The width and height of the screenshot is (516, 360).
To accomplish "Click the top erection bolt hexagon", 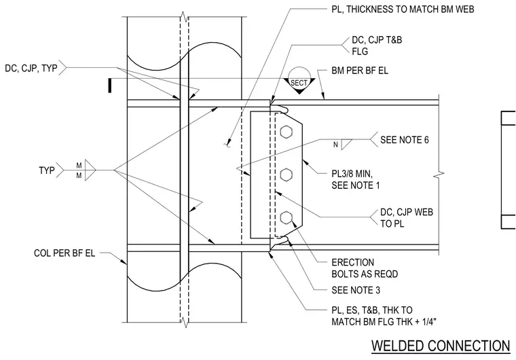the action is [x=286, y=131].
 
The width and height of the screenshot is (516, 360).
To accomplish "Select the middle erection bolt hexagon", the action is [x=286, y=175].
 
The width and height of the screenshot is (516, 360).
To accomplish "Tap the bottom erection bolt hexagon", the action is [x=286, y=218].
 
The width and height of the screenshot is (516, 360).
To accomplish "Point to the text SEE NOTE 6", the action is [x=405, y=140].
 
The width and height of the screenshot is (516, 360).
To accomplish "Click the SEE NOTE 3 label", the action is [x=356, y=290].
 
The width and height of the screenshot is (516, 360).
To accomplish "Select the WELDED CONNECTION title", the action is [x=441, y=346].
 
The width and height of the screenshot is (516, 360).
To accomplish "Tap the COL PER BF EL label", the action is [x=64, y=253].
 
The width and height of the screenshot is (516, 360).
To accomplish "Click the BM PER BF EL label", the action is [x=360, y=71].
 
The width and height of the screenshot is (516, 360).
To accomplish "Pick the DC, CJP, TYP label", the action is [x=31, y=68].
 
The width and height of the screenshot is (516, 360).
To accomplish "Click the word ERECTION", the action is [x=353, y=262].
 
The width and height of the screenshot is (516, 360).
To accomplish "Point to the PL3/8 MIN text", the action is [x=352, y=174].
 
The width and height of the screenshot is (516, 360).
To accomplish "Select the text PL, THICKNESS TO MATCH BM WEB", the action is [x=403, y=10].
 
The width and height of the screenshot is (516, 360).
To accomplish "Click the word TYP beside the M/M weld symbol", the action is [x=47, y=170].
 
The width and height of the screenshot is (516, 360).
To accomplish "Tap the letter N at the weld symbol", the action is [x=335, y=145].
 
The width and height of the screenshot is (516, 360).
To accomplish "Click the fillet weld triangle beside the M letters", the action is [x=90, y=170].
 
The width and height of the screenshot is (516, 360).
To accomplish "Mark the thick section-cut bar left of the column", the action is [x=110, y=86].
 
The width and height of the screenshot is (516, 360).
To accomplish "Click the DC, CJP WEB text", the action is [x=407, y=212].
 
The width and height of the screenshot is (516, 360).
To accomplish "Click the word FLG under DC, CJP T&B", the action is [x=360, y=52].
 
